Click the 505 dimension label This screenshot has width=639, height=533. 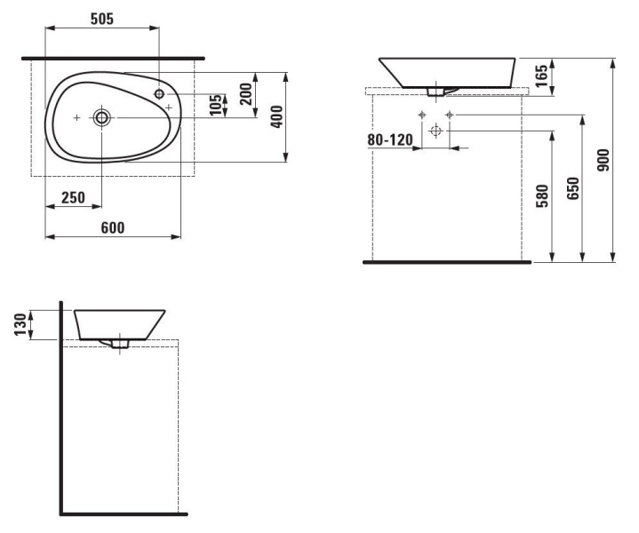(x=102, y=19)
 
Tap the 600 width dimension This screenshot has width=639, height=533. (x=113, y=227)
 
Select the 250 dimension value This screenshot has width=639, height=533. (x=74, y=197)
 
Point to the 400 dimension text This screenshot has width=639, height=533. (x=276, y=116)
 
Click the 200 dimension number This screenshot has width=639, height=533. (x=246, y=94)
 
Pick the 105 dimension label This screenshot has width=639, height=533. (x=216, y=105)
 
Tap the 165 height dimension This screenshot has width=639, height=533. (x=541, y=76)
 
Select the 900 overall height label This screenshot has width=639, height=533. (x=603, y=160)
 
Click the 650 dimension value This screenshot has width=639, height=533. (x=572, y=188)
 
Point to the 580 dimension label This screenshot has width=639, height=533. (x=542, y=196)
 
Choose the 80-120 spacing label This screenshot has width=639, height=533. (x=390, y=140)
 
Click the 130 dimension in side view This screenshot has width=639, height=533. (x=20, y=324)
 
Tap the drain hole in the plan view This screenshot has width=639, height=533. (x=101, y=118)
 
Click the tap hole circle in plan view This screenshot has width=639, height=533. (x=159, y=94)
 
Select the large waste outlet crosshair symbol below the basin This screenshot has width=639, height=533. (x=436, y=131)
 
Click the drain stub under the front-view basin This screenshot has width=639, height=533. (x=436, y=92)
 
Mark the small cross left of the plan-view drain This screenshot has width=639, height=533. (x=76, y=118)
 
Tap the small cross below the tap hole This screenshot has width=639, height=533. (x=169, y=107)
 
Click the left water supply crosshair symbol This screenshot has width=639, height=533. (x=422, y=115)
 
